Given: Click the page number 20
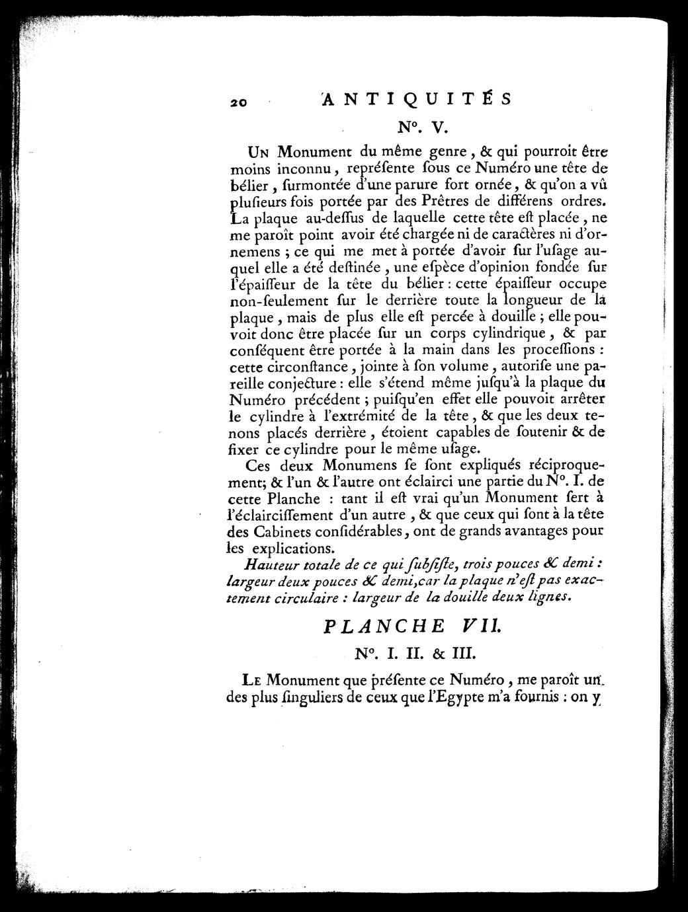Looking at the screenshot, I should [239, 102].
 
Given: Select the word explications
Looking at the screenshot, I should [288, 548].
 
